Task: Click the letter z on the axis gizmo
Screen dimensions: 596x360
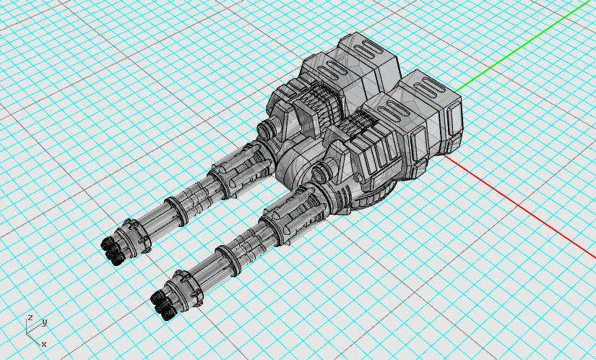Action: click(x=30, y=318)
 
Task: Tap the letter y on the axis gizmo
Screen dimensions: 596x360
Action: click(x=45, y=322)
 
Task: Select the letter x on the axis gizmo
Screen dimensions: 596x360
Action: click(x=44, y=344)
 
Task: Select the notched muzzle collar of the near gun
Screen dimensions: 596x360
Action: click(x=186, y=288)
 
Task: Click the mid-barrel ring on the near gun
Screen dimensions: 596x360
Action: click(x=228, y=260)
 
